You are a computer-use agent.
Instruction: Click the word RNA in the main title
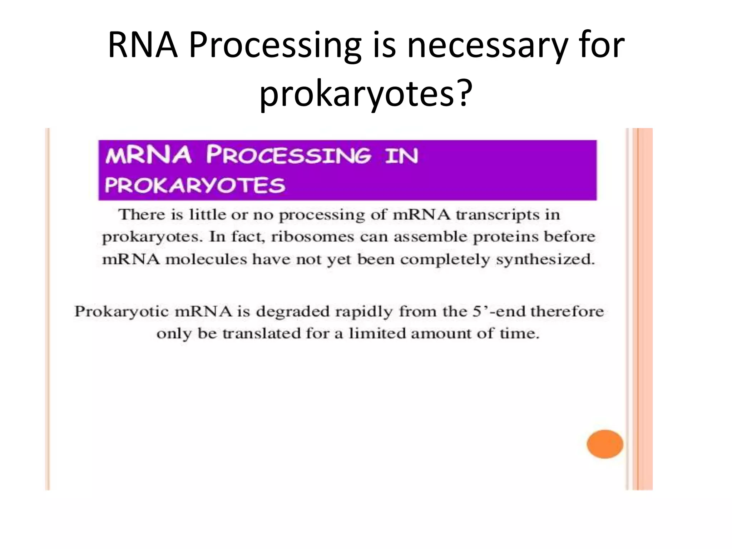pos(143,45)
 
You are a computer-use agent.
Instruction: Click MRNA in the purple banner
pos(148,156)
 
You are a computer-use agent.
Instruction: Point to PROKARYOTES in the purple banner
pos(195,185)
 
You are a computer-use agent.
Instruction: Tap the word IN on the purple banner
pos(401,156)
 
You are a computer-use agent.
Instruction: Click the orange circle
pos(605,444)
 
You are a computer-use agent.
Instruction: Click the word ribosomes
pos(312,237)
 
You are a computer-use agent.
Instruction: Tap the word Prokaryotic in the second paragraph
pos(121,312)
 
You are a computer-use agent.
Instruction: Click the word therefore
pos(567,312)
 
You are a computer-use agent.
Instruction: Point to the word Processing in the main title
pos(275,45)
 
